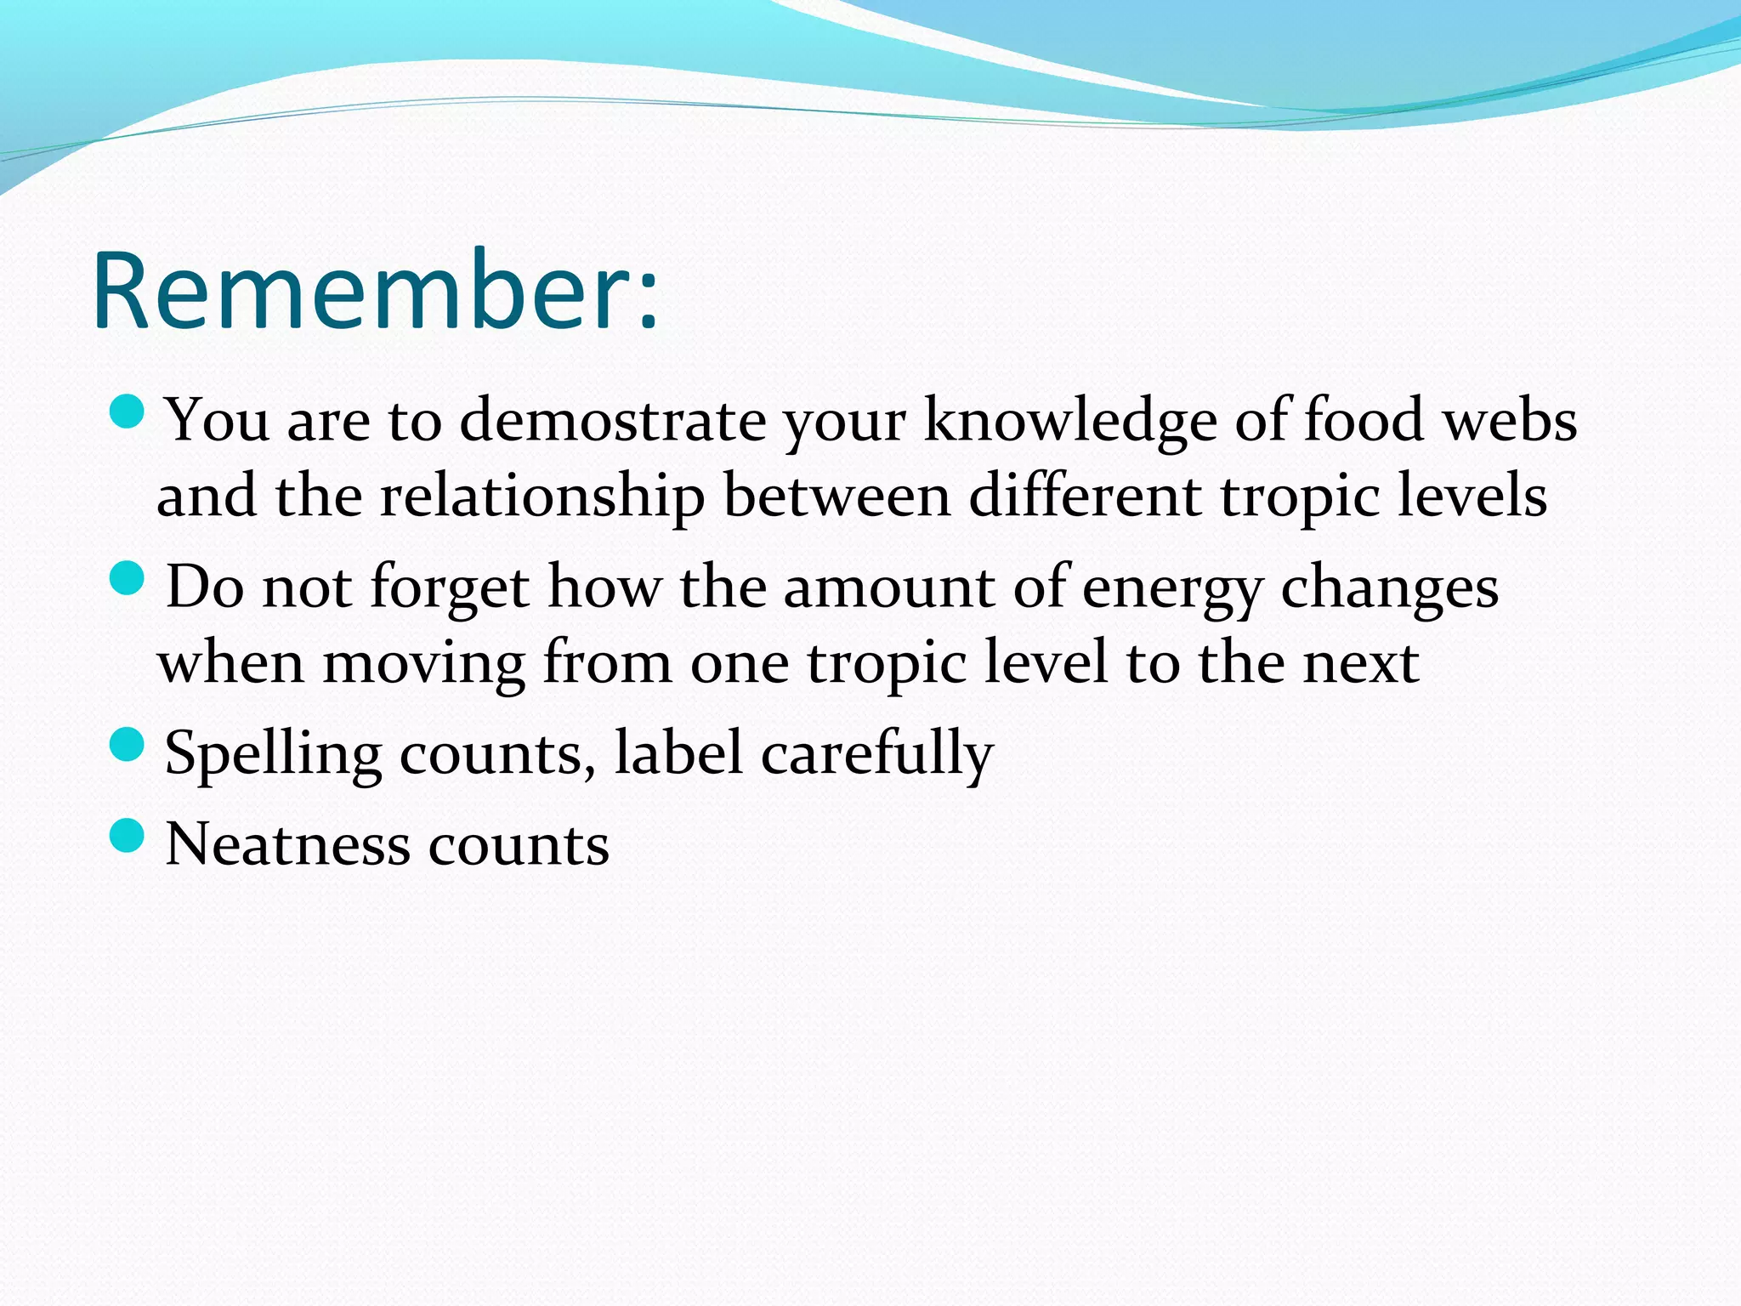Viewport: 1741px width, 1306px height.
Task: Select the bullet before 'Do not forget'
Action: coord(128,579)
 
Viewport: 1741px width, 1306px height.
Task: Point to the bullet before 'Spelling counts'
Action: coord(128,745)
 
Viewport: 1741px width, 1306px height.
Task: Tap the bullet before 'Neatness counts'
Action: coord(128,836)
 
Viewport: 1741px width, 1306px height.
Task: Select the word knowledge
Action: coord(1069,420)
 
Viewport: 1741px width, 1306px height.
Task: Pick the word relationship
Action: coord(542,497)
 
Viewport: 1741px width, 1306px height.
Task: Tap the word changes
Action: coord(1389,588)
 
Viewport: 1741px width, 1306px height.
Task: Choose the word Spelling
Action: coord(273,755)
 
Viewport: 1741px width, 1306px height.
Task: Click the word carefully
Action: coord(876,755)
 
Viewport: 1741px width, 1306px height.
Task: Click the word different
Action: coord(1085,497)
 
